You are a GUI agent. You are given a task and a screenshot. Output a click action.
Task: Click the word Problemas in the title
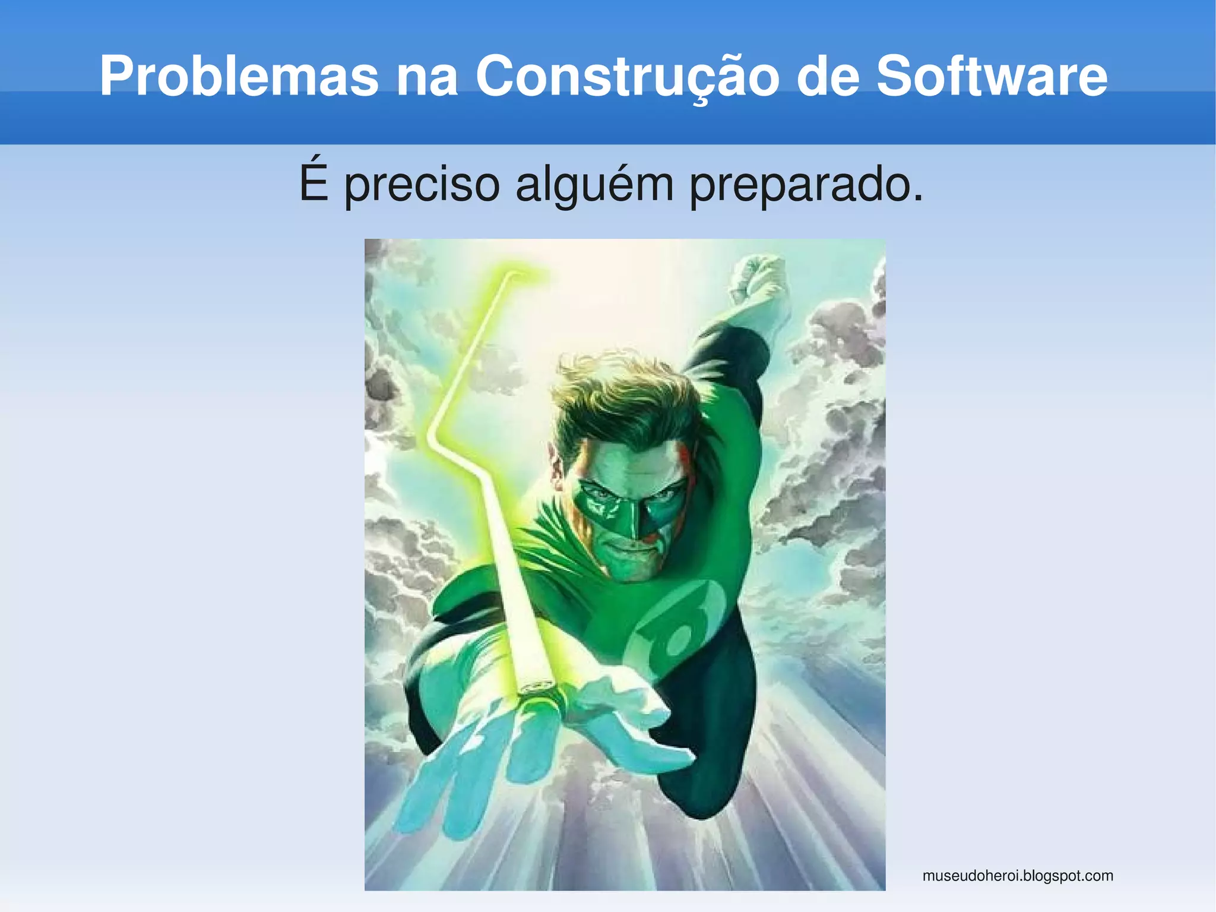point(239,76)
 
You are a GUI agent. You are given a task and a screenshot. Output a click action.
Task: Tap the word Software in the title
point(992,76)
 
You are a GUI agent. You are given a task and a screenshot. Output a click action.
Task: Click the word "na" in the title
point(427,77)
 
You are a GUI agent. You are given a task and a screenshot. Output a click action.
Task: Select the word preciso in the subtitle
point(422,185)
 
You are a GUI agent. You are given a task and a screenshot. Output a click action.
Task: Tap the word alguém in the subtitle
point(594,185)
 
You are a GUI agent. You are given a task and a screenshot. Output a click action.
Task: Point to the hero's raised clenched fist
point(758,279)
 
